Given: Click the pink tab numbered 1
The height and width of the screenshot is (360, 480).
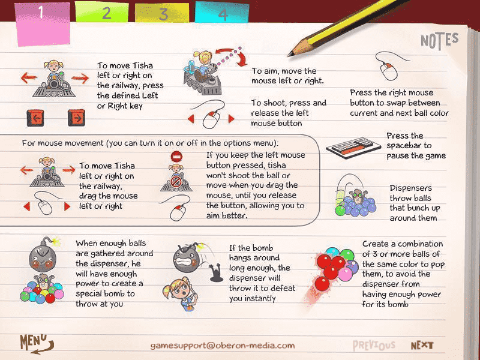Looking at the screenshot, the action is (x=43, y=24).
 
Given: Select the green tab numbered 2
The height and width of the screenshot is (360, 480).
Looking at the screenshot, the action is (x=101, y=13).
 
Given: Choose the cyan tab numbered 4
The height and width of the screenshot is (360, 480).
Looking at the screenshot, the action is (x=222, y=13).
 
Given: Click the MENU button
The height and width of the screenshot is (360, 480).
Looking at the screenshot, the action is (x=37, y=343).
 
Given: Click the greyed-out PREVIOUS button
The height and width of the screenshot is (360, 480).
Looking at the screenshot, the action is (x=374, y=346).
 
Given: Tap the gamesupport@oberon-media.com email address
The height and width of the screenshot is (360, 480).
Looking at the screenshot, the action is (x=223, y=346).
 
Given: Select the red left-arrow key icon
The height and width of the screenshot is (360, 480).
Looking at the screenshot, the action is (x=35, y=118).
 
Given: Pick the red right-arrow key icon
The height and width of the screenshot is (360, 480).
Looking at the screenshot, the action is (x=76, y=118).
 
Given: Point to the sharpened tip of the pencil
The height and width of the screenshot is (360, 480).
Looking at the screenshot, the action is (x=289, y=55).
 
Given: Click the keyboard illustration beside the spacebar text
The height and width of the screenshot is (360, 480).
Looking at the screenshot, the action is (x=349, y=148).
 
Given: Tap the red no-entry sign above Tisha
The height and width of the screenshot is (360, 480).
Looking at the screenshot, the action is (x=176, y=157).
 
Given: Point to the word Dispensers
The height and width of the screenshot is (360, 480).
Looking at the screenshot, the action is (x=410, y=188).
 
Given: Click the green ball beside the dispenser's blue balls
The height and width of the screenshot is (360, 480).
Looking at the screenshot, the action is (x=340, y=211).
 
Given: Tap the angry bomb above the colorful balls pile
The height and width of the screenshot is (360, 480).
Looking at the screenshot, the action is (x=43, y=254).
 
